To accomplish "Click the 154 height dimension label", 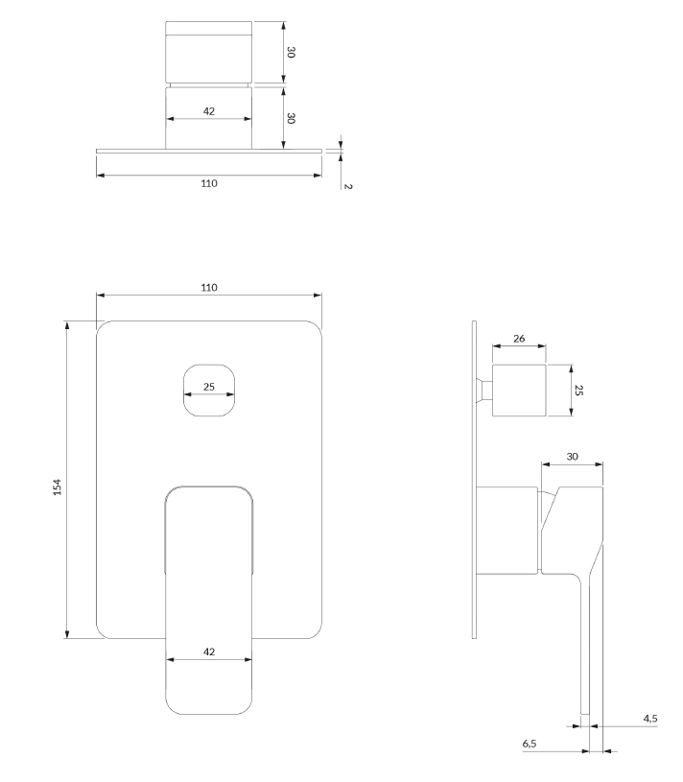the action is [x=58, y=487].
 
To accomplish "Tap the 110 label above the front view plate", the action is [x=209, y=287].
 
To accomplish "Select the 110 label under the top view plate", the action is [x=209, y=183].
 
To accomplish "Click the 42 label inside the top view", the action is [x=209, y=111].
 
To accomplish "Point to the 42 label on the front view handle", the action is [x=209, y=652].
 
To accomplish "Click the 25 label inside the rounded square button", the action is [x=209, y=387].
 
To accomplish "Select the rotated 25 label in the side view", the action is [x=578, y=390].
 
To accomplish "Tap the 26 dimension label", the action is [x=519, y=338].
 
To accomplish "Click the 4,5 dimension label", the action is [x=650, y=718].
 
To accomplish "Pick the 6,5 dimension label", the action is [x=530, y=743].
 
